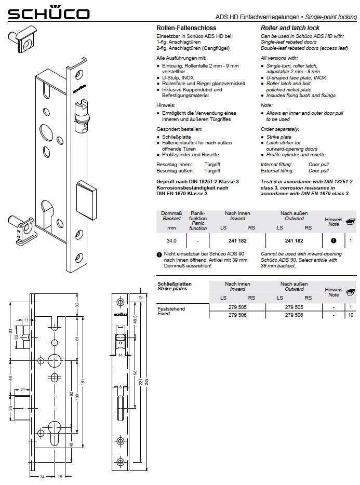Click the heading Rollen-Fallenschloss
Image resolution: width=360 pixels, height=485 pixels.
click(x=186, y=28)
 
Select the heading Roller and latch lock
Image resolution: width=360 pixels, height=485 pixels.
click(x=290, y=28)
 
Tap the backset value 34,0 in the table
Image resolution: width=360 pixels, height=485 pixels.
click(x=171, y=240)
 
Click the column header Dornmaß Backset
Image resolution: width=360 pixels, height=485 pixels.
click(x=171, y=216)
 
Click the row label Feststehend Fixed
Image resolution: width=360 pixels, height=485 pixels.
click(x=171, y=311)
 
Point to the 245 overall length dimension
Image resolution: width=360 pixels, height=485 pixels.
click(x=146, y=382)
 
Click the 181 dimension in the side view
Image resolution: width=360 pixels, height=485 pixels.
click(x=83, y=382)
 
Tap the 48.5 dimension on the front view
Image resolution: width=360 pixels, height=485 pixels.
click(x=135, y=319)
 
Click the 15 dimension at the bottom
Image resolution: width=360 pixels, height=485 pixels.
click(x=60, y=477)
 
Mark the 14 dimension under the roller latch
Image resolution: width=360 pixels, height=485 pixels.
click(x=121, y=355)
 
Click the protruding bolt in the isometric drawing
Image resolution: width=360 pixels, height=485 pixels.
click(x=87, y=200)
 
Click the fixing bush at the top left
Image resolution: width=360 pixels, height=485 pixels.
click(x=22, y=39)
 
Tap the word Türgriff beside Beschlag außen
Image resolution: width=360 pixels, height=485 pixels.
click(x=212, y=171)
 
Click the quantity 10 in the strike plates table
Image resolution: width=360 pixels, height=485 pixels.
click(x=351, y=315)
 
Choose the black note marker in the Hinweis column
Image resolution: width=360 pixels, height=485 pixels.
click(x=334, y=240)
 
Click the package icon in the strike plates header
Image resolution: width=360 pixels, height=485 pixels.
click(x=351, y=292)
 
